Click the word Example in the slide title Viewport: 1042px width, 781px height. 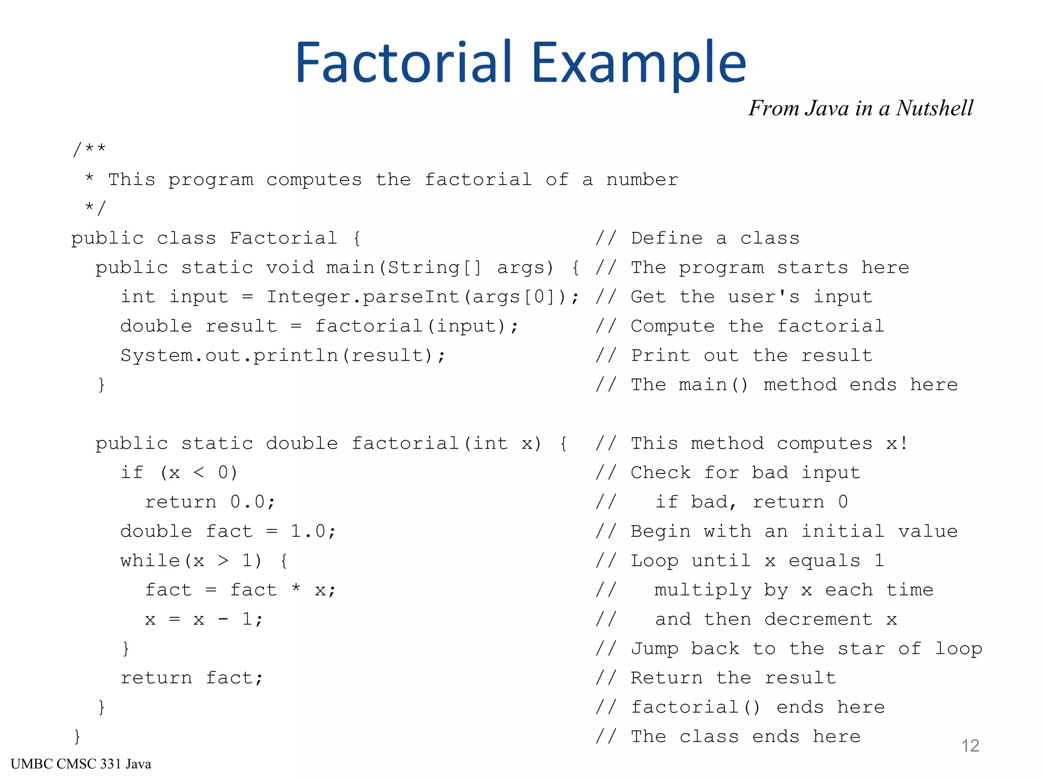639,63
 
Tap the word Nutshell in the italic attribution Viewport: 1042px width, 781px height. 934,108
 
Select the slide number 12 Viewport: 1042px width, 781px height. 970,746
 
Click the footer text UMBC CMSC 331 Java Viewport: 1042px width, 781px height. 81,764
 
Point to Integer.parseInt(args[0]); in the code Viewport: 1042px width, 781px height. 423,297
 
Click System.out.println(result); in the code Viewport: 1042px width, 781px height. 282,355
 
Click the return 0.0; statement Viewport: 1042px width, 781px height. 210,502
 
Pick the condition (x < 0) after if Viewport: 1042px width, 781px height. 199,473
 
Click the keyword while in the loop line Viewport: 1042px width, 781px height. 150,561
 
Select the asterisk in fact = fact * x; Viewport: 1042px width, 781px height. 296,589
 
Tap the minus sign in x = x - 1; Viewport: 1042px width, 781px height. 223,619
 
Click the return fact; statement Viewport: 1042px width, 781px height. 191,678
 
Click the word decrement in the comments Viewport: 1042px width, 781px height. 818,619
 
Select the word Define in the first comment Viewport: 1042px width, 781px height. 667,238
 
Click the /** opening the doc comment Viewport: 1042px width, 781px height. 90,149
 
